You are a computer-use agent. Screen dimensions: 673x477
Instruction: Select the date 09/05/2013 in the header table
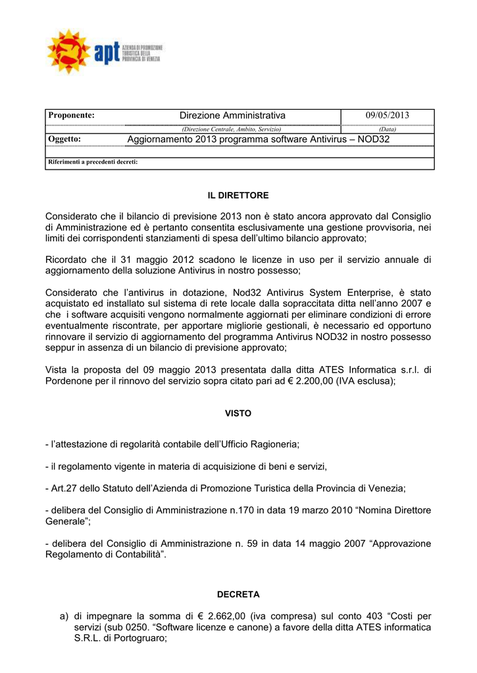[x=388, y=116]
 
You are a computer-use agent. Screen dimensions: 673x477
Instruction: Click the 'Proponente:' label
[x=72, y=116]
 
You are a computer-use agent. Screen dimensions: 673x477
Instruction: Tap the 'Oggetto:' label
[x=64, y=139]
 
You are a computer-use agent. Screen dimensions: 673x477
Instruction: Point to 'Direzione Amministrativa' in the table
[x=232, y=116]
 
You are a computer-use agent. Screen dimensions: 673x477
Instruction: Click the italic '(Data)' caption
[x=388, y=129]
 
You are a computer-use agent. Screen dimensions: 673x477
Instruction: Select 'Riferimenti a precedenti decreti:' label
[x=93, y=162]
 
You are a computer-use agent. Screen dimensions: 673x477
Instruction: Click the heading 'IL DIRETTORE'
[x=238, y=196]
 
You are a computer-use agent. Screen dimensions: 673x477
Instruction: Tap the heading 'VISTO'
[x=238, y=413]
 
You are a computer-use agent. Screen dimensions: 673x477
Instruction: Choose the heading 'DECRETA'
[x=238, y=594]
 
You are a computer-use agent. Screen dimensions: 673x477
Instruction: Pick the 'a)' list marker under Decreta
[x=64, y=616]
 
